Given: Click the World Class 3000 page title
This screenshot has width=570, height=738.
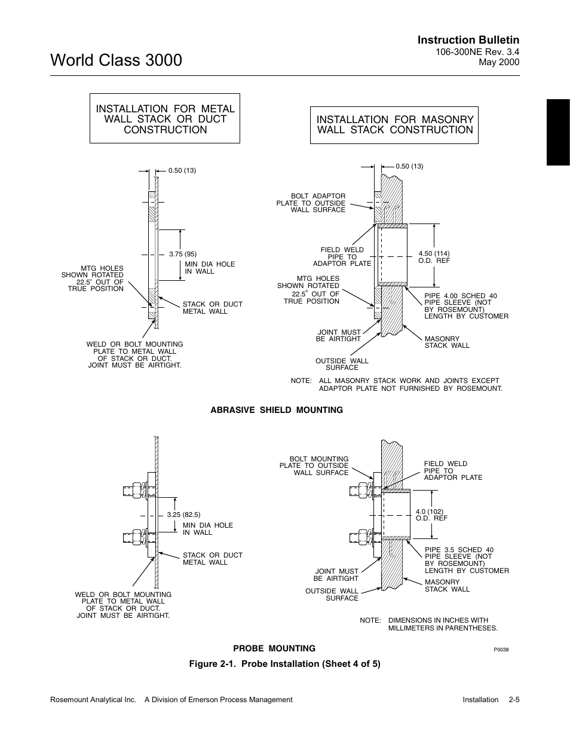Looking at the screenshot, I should point(117,60).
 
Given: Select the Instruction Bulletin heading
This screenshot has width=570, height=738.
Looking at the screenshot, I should point(468,40).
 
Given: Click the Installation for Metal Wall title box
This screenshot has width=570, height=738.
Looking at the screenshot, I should point(165,119).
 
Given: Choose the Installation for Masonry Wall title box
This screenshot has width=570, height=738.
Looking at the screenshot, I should point(394,125).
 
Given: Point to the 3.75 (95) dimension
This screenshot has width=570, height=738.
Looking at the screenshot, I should point(182,254).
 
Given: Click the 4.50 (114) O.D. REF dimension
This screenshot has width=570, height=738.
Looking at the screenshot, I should point(434,257).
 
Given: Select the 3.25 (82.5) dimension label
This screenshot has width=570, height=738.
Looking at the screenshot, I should point(183,515).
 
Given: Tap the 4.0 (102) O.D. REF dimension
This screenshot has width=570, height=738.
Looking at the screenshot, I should point(431,515).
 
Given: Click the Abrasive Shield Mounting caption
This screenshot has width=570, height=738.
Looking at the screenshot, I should point(277,410).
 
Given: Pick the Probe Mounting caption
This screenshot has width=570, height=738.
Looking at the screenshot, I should point(274,648).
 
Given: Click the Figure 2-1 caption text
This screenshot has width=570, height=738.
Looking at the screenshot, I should point(285,664).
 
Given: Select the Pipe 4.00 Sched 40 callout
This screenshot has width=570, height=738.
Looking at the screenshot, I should point(466,306).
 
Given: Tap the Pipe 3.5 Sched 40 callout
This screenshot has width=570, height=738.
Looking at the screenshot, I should point(467,560).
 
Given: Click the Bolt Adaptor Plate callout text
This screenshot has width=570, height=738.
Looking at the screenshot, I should point(311,203).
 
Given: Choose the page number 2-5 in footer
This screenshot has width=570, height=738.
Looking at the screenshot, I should point(514,700).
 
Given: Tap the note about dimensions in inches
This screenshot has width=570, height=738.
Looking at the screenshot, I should point(442,624).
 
